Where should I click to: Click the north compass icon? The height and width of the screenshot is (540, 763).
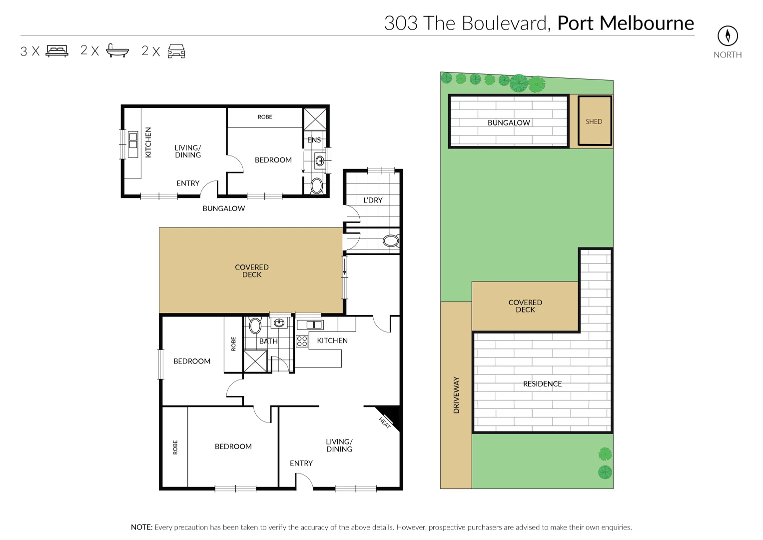click(728, 35)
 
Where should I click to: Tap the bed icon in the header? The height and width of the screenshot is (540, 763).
click(57, 51)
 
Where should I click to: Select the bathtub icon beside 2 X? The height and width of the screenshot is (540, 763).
click(117, 51)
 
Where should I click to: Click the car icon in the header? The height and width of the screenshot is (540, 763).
click(176, 51)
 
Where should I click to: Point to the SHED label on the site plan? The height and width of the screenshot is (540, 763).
click(594, 121)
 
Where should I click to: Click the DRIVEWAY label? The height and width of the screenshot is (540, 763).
click(456, 395)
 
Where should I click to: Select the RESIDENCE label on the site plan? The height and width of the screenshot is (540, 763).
click(542, 384)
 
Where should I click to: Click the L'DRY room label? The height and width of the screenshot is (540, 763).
click(373, 200)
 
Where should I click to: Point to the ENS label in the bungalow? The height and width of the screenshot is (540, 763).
click(314, 140)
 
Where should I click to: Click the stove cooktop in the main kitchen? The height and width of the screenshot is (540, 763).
click(302, 341)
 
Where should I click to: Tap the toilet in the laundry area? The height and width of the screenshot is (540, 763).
click(391, 241)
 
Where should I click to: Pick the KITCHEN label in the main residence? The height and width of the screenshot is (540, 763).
click(332, 340)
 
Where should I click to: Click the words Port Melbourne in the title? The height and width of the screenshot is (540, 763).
click(625, 23)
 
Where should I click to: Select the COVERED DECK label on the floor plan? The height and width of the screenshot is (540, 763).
click(252, 271)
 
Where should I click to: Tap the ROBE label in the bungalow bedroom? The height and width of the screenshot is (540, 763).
click(265, 117)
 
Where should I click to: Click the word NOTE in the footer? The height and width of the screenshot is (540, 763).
click(141, 527)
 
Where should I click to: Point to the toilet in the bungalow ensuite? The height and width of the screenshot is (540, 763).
click(317, 186)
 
